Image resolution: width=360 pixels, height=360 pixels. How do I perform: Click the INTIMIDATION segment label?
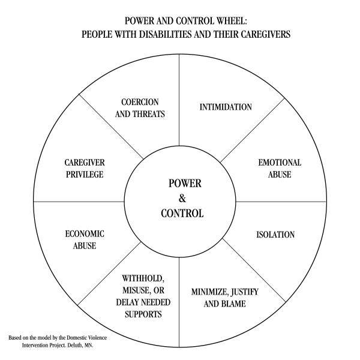tap(226, 107)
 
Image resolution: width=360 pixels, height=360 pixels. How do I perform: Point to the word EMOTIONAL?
tap(280, 163)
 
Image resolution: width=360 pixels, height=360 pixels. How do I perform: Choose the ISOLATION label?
tap(275, 235)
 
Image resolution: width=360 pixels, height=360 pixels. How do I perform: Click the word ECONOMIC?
tap(85, 234)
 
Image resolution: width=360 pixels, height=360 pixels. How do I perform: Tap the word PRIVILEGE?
tap(84, 174)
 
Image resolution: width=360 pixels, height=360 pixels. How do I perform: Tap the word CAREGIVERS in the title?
tap(260, 34)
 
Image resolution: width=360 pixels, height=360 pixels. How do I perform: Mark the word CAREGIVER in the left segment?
tap(84, 163)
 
